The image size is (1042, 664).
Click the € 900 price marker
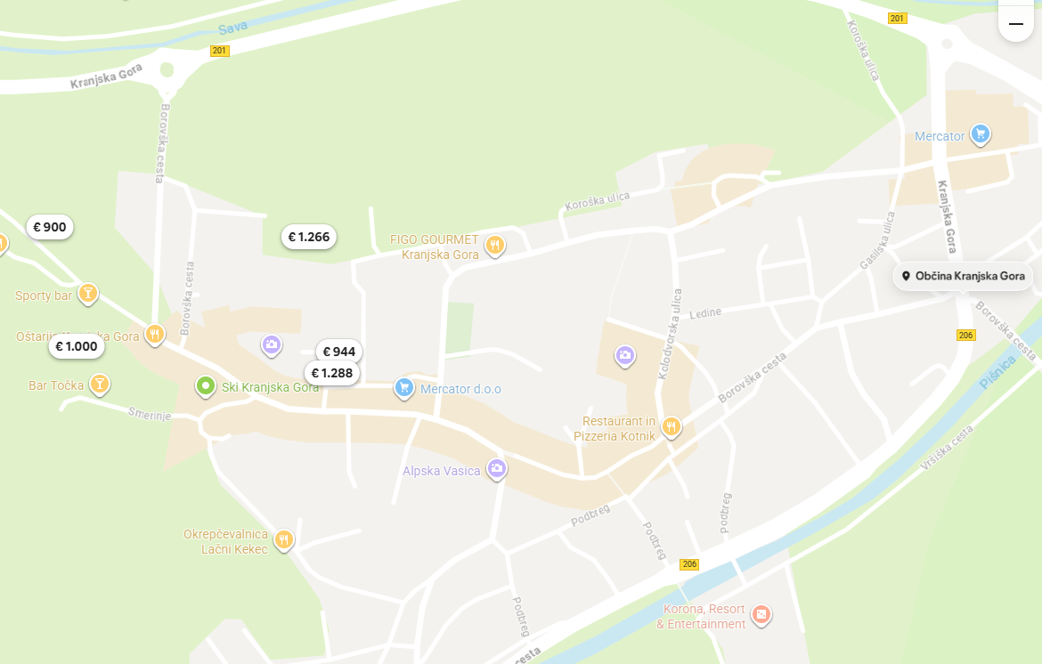click(50, 227)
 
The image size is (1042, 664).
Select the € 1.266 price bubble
click(309, 237)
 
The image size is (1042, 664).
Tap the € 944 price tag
click(338, 352)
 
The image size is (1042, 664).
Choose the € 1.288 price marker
click(332, 373)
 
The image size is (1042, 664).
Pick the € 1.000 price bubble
click(77, 346)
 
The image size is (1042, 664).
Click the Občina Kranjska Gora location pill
click(964, 276)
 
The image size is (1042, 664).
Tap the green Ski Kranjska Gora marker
click(206, 386)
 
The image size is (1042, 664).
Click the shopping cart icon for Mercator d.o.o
click(404, 387)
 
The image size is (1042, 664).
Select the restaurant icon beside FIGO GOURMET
click(494, 245)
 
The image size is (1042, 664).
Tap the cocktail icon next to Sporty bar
click(87, 293)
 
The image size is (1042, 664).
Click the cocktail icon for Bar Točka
click(99, 384)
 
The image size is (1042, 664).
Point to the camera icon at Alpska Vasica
click(497, 468)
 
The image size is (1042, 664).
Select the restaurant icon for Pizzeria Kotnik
click(671, 427)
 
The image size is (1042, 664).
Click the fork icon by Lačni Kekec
click(283, 539)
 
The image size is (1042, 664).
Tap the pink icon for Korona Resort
click(761, 614)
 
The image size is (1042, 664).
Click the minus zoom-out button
click(1016, 23)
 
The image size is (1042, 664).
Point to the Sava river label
click(232, 28)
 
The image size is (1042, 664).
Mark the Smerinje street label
click(148, 415)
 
